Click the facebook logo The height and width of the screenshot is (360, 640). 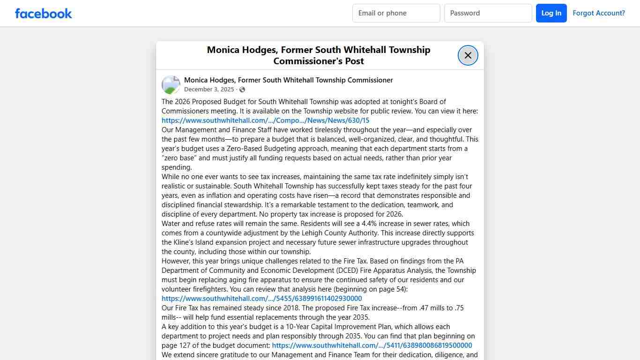[44, 13]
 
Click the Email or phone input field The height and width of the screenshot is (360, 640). [396, 13]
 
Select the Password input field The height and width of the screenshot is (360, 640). [488, 13]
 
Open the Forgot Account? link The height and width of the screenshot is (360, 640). [598, 13]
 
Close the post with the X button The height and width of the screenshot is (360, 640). [468, 55]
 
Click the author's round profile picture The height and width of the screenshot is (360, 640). [171, 85]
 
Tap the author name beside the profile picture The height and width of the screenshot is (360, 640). [288, 80]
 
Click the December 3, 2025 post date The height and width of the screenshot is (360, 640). [208, 90]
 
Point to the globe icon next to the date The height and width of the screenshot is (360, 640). [242, 90]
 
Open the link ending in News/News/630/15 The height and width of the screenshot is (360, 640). [265, 120]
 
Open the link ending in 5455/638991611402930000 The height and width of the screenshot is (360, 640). [261, 299]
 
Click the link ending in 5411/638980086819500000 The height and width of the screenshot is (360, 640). [372, 345]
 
